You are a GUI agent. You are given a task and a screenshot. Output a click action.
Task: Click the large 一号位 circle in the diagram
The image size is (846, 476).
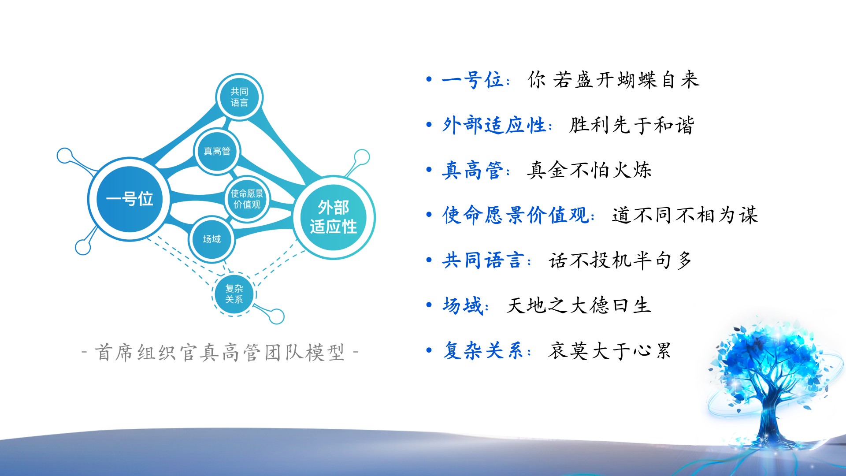pos(129,199)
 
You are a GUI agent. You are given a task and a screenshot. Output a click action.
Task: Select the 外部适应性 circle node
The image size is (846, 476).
pos(334,217)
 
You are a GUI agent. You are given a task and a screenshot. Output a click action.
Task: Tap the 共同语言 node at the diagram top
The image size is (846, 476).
pos(239,97)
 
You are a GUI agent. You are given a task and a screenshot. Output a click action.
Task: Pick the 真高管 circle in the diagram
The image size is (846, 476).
pos(217,151)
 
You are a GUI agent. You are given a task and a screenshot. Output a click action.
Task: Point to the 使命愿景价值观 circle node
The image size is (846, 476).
pos(247,199)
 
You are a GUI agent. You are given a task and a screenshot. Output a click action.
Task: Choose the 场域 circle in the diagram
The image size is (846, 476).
pos(212,239)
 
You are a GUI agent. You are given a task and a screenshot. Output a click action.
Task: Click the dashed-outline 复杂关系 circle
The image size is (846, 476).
pos(234,294)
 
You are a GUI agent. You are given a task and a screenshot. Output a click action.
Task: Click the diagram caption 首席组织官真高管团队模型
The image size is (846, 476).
pos(220,353)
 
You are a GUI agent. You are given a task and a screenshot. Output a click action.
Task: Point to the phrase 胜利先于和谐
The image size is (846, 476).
pos(632,125)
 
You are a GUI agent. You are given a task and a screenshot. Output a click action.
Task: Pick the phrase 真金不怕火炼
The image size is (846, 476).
pos(589,170)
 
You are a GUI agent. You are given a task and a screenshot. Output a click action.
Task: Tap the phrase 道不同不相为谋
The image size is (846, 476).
pos(685,215)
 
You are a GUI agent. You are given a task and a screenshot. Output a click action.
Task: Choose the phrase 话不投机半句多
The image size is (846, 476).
pos(620,260)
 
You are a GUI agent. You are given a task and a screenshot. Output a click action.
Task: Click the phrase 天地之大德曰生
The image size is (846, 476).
pos(579,305)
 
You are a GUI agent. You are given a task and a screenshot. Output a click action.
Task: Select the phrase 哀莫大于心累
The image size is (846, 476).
pos(610,351)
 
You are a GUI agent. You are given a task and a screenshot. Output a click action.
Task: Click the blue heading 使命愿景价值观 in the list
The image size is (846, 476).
pos(516,215)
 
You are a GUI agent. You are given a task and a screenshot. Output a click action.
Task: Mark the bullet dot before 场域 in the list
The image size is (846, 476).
pos(429,305)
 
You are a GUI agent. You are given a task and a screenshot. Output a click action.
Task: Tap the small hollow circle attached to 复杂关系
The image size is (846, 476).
pos(277,316)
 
